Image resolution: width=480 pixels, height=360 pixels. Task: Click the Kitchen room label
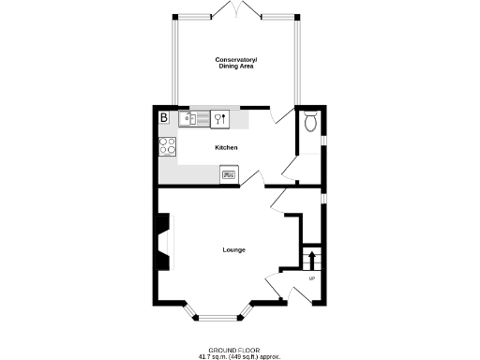tap(226, 148)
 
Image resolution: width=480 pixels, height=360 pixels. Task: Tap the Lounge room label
tap(233, 249)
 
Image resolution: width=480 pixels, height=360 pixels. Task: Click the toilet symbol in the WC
tap(310, 121)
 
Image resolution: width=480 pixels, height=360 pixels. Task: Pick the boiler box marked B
tap(164, 118)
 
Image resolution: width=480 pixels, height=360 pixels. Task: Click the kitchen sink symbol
tap(187, 118)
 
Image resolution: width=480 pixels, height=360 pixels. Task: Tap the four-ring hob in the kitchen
tap(168, 145)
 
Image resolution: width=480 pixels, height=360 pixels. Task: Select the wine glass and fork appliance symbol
tap(221, 118)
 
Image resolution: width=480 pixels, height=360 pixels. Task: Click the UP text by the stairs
tap(311, 278)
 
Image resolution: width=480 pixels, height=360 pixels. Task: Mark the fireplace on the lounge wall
tap(165, 241)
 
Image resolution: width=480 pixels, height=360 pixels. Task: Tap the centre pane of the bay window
tap(218, 314)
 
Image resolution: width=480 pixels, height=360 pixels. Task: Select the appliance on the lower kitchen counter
tap(229, 172)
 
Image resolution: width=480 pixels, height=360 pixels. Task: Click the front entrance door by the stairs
tap(277, 288)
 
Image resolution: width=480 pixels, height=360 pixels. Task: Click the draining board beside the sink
tap(201, 118)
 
